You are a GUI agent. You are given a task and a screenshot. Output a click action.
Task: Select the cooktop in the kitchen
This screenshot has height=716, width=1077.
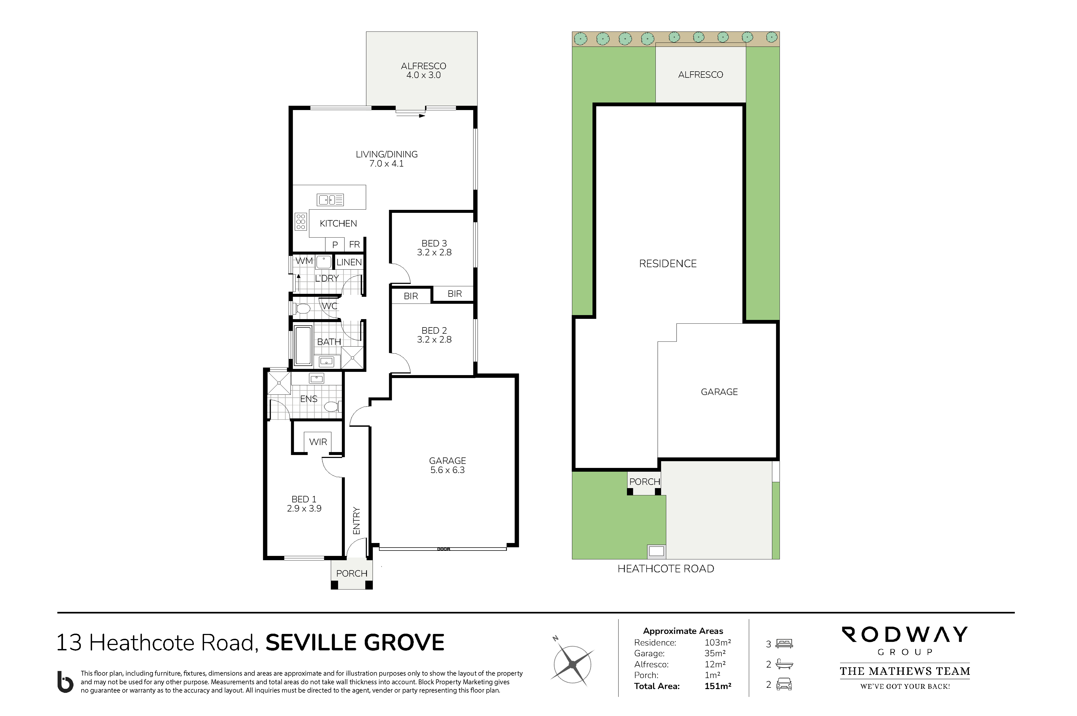pos(301,221)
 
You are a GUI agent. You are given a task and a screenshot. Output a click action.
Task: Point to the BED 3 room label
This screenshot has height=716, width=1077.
pos(434,244)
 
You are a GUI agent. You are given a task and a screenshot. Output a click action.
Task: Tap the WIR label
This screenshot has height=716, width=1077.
pos(318,442)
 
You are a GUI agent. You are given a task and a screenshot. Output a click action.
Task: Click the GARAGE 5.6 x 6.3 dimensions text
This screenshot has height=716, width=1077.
pos(447,470)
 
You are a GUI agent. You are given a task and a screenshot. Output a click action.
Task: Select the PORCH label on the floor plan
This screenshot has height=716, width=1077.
pos(352,573)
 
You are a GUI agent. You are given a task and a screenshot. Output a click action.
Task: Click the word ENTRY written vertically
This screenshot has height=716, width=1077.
pos(356,521)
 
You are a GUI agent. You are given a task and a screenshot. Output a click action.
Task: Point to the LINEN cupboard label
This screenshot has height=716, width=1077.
pos(349,262)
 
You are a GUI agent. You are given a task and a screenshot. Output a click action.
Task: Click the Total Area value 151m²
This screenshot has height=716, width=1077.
pos(718,686)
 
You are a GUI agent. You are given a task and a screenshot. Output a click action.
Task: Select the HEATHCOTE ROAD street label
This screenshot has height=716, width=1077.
pos(666,569)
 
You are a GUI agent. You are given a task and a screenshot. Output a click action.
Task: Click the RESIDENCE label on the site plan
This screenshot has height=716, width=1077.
pos(667,263)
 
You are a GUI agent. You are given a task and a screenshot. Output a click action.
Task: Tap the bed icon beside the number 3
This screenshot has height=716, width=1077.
pos(784,643)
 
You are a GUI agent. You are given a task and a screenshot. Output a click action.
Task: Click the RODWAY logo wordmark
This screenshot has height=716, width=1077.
pos(905,634)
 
